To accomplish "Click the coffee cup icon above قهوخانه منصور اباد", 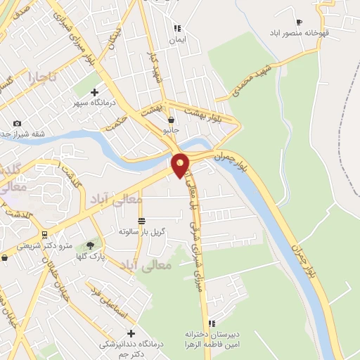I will point(299,22).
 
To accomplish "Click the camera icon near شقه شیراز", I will point(18,124).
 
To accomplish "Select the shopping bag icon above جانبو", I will point(171,120).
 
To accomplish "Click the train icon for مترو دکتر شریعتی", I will point(44,235).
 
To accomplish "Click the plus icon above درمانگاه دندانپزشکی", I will point(130,333).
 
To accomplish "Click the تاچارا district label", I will point(41,76).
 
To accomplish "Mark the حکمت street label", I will point(115,124).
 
